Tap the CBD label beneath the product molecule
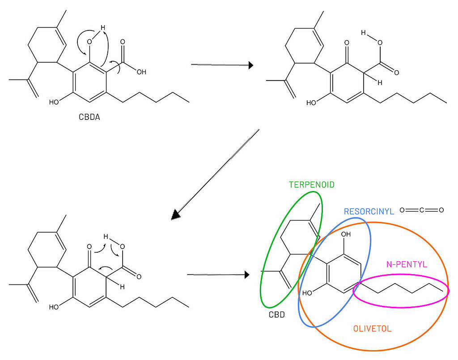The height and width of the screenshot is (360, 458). click(277, 314)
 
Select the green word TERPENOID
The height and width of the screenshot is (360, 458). click(312, 184)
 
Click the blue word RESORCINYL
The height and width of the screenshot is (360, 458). click(369, 212)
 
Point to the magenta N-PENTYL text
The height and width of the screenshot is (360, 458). click(407, 264)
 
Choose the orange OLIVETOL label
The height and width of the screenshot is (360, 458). click(372, 329)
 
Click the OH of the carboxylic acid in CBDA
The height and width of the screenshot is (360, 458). click(141, 71)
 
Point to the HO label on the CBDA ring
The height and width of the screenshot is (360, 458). click(54, 102)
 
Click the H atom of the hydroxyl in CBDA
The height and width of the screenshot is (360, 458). click(102, 28)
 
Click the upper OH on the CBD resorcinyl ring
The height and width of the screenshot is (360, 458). click(346, 234)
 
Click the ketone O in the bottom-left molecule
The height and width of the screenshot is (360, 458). click(89, 246)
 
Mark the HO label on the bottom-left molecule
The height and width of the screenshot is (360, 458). click(54, 307)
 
